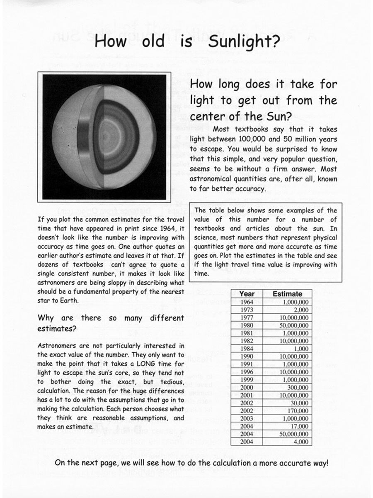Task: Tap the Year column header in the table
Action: [247, 294]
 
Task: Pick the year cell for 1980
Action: [247, 325]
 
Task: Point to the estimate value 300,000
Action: [297, 387]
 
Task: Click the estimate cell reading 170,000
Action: [297, 411]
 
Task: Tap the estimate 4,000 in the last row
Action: [300, 442]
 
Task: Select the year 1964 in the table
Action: [247, 302]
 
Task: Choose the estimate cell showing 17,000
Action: [298, 426]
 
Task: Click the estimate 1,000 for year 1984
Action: [300, 349]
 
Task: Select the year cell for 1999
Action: [247, 380]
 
